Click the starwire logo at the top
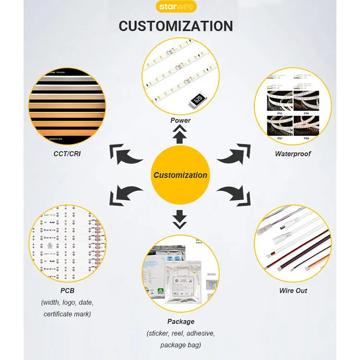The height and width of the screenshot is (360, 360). pyautogui.click(x=180, y=7)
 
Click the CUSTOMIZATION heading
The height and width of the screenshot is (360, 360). pyautogui.click(x=176, y=26)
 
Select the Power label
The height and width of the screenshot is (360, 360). pyautogui.click(x=180, y=120)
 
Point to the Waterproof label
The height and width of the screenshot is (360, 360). pyautogui.click(x=292, y=154)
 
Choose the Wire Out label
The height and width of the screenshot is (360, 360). pyautogui.click(x=293, y=290)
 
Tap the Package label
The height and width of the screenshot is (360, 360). pyautogui.click(x=180, y=321)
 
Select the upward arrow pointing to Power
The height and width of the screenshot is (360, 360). pyautogui.click(x=180, y=135)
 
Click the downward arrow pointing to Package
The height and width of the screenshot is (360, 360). pyautogui.click(x=180, y=218)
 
